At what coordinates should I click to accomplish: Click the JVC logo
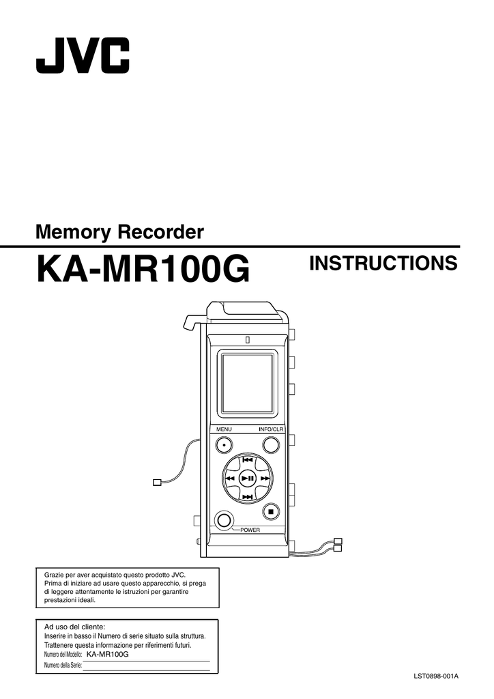pos(83,55)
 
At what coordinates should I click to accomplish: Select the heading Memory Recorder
pos(119,232)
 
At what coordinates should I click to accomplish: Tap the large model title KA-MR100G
pos(143,269)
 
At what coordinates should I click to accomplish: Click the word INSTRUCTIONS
pos(383,263)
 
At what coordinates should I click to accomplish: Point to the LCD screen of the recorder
pos(247,384)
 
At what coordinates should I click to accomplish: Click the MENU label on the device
pos(224,429)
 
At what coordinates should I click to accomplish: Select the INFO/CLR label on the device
pos(272,429)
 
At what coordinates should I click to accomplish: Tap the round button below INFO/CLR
pos(270,445)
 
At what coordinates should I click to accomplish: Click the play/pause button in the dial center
pos(247,479)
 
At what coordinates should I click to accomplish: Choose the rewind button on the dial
pos(230,479)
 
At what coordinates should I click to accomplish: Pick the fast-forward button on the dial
pos(265,479)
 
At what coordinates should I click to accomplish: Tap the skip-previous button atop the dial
pos(247,460)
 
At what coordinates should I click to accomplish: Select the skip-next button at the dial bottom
pos(247,497)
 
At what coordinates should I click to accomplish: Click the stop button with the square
pos(270,512)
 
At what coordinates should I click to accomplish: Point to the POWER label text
pos(250,530)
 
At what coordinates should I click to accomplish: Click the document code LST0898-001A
pos(435,676)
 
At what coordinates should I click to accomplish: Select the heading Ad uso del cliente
pos(75,627)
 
